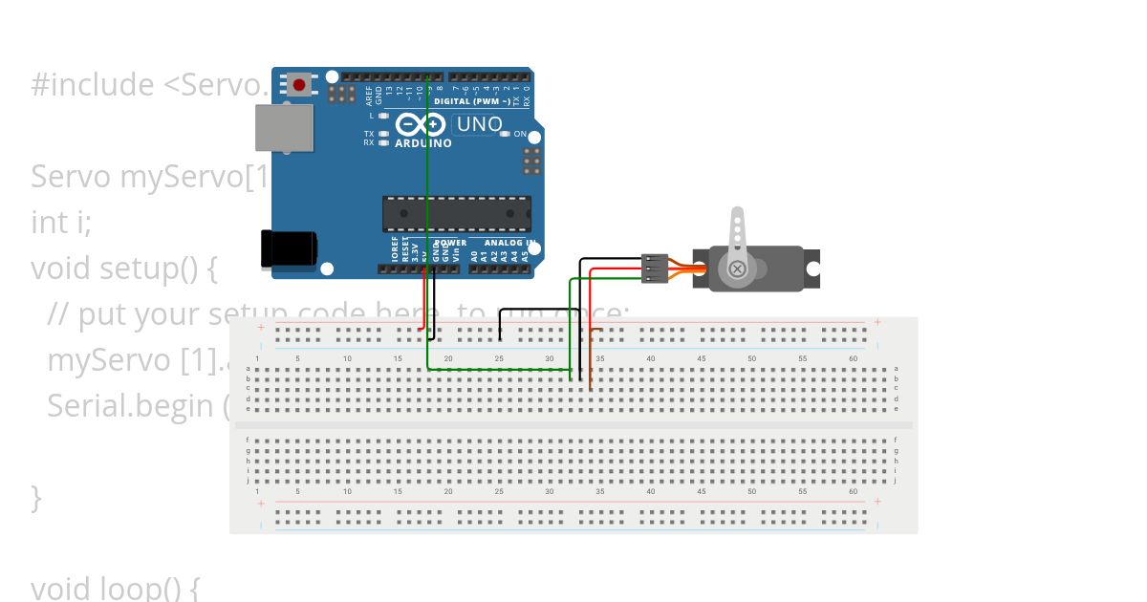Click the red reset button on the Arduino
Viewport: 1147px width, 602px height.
pyautogui.click(x=299, y=85)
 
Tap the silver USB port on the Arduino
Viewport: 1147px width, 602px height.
pyautogui.click(x=284, y=128)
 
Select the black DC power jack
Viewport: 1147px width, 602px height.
pyautogui.click(x=288, y=248)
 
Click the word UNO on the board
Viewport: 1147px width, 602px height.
pyautogui.click(x=479, y=124)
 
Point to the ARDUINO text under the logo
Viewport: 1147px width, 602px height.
pyautogui.click(x=422, y=143)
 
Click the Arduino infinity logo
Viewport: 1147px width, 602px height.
pyautogui.click(x=421, y=124)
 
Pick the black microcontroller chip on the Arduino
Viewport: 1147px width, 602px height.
pyautogui.click(x=456, y=214)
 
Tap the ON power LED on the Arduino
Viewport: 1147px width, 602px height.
pyautogui.click(x=506, y=134)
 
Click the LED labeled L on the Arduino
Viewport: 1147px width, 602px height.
pyautogui.click(x=383, y=116)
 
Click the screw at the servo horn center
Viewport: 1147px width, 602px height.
pyautogui.click(x=737, y=269)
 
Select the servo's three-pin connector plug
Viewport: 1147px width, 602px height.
pyautogui.click(x=654, y=269)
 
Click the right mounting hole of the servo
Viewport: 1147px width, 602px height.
pyautogui.click(x=812, y=269)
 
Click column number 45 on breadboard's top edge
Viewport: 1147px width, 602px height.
pyautogui.click(x=701, y=358)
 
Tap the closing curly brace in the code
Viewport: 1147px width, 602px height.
pyautogui.click(x=36, y=497)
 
